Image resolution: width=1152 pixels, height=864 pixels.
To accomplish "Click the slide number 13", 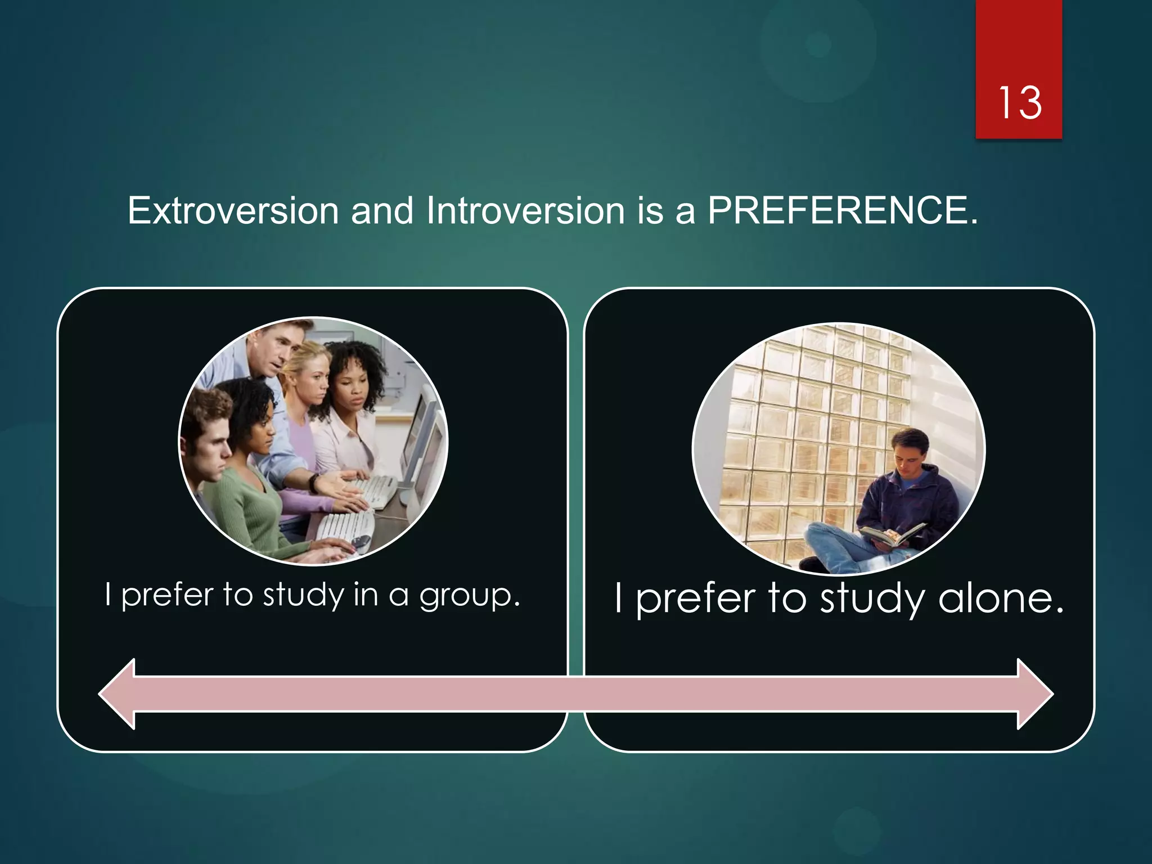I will point(1019,103).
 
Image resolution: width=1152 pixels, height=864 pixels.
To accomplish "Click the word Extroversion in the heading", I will point(233,211).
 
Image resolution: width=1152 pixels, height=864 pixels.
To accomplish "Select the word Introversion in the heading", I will point(525,211).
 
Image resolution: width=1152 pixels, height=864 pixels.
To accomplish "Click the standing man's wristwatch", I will point(313,482).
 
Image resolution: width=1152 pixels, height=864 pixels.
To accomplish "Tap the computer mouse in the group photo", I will point(360,542).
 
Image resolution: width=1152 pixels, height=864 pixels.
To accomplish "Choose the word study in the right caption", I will point(872,598).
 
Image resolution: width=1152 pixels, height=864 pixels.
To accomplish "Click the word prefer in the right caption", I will point(696,598).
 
